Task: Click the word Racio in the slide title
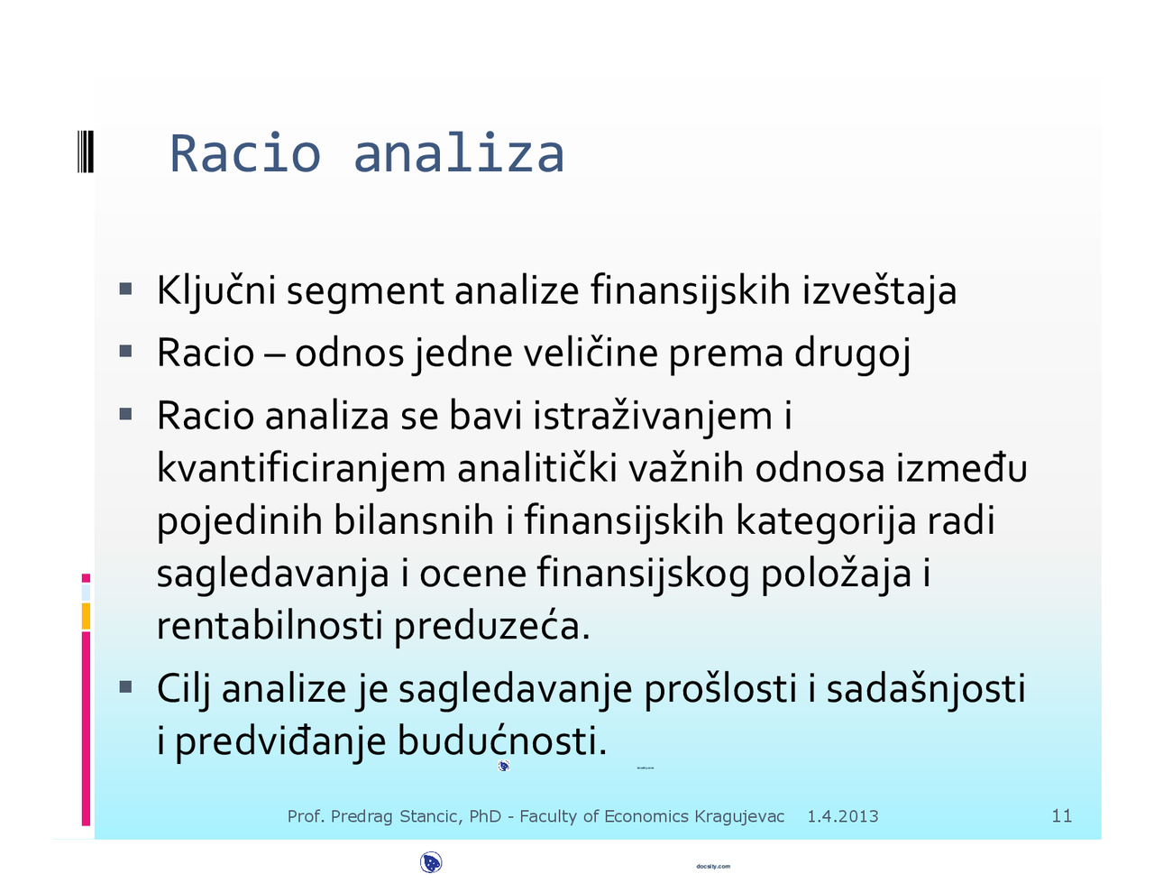pyautogui.click(x=244, y=153)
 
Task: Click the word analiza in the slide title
pyautogui.click(x=459, y=153)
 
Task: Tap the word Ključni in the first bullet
pyautogui.click(x=215, y=291)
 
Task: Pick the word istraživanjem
pyautogui.click(x=653, y=416)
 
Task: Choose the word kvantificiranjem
pyautogui.click(x=301, y=469)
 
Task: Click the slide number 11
pyautogui.click(x=1062, y=816)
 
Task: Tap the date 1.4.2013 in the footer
pyautogui.click(x=842, y=817)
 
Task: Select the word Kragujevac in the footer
pyautogui.click(x=739, y=817)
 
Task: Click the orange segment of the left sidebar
pyautogui.click(x=86, y=616)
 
